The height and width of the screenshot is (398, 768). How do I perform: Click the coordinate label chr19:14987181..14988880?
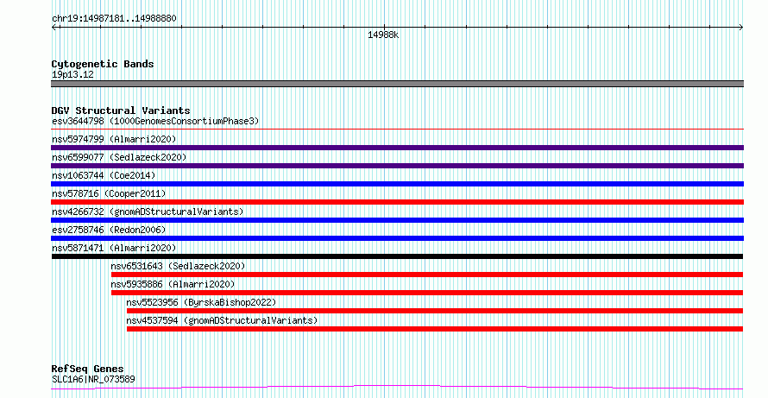(x=114, y=19)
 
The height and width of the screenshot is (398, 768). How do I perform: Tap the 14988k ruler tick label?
(x=383, y=35)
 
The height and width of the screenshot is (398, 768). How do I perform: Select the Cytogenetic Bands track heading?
(x=103, y=64)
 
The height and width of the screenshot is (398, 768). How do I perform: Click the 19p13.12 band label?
(x=72, y=75)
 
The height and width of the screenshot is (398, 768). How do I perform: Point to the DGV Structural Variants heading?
(x=121, y=111)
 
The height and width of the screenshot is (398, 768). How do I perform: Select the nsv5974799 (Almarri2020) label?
(x=114, y=139)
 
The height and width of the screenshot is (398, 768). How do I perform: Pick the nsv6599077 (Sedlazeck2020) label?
(x=119, y=157)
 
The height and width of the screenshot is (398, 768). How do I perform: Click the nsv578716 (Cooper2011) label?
(x=109, y=193)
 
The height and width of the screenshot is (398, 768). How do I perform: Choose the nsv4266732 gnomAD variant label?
(x=148, y=212)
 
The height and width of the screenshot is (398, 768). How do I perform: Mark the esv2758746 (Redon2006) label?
(x=109, y=230)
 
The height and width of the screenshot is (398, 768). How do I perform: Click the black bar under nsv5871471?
(x=397, y=256)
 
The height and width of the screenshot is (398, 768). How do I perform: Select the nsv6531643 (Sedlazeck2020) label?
(x=178, y=266)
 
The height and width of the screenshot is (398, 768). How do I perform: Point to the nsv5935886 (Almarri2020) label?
(x=173, y=284)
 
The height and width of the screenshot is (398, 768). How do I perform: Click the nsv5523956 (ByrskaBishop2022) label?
(x=201, y=302)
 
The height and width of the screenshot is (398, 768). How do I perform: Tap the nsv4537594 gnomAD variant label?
(x=222, y=320)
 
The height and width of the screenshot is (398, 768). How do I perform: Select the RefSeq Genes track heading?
(x=88, y=369)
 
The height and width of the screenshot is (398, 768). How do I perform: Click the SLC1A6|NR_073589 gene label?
(x=93, y=379)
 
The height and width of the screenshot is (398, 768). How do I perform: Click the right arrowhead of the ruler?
(x=741, y=28)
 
